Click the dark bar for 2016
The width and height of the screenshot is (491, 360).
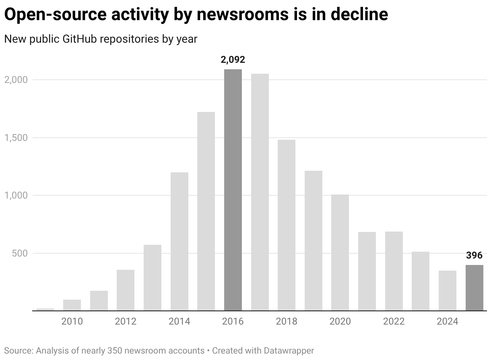point(233,190)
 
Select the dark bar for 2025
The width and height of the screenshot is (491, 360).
point(474,288)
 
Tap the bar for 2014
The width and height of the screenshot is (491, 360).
point(179,241)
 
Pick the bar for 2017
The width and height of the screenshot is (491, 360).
point(260,192)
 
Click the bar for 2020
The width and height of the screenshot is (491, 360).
point(340,252)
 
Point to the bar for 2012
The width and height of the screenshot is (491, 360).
point(126,290)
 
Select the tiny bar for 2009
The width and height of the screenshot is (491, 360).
point(45,309)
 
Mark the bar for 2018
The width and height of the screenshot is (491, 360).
point(287,225)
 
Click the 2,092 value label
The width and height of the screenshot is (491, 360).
point(233,60)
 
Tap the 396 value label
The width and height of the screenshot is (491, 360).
point(474,255)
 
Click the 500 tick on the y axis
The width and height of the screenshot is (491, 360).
point(20,253)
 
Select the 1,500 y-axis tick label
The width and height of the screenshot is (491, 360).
point(16,138)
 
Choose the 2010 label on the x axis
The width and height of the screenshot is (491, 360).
point(72,321)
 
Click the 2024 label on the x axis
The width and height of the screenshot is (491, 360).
point(448,321)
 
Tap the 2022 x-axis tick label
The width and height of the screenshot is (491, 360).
point(394,321)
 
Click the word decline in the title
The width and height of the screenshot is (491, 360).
point(359,15)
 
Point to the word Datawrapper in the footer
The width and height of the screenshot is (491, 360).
point(289,350)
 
